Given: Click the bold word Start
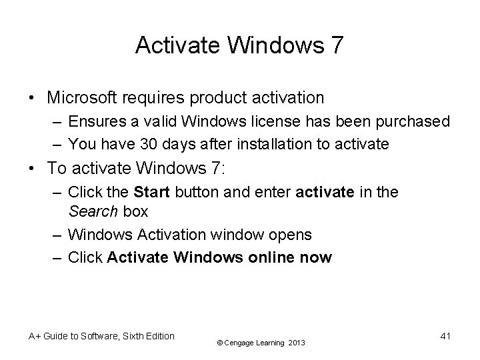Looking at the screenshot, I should (x=152, y=193).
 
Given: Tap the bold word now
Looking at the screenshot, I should (x=316, y=257).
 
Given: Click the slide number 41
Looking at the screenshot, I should (x=445, y=336).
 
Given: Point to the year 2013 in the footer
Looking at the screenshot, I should (x=297, y=343).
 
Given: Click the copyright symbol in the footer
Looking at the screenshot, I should (x=221, y=343).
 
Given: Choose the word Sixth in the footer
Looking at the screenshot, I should (x=133, y=336).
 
